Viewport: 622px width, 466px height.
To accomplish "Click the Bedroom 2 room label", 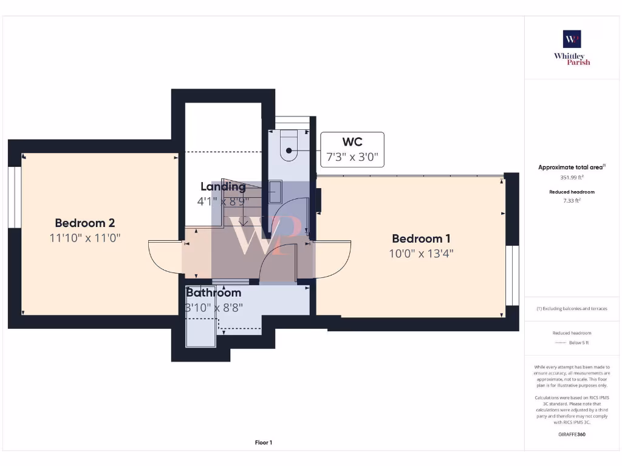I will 85,223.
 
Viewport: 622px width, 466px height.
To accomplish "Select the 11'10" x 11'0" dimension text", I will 85,238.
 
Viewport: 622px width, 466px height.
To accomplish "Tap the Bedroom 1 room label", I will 421,238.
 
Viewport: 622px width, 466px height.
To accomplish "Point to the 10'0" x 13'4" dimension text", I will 421,254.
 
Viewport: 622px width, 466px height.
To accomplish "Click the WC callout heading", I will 352,142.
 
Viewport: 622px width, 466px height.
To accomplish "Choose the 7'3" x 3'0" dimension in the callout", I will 352,158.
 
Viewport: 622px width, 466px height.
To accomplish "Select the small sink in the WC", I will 273,192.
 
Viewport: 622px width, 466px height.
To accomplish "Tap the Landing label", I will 223,187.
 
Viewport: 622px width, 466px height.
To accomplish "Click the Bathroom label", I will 213,292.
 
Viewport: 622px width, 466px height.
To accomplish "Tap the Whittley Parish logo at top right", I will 572,48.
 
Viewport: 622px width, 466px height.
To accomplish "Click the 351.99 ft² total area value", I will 572,178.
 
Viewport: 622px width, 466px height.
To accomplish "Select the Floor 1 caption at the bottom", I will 263,443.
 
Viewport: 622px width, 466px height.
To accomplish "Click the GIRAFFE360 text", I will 572,434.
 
